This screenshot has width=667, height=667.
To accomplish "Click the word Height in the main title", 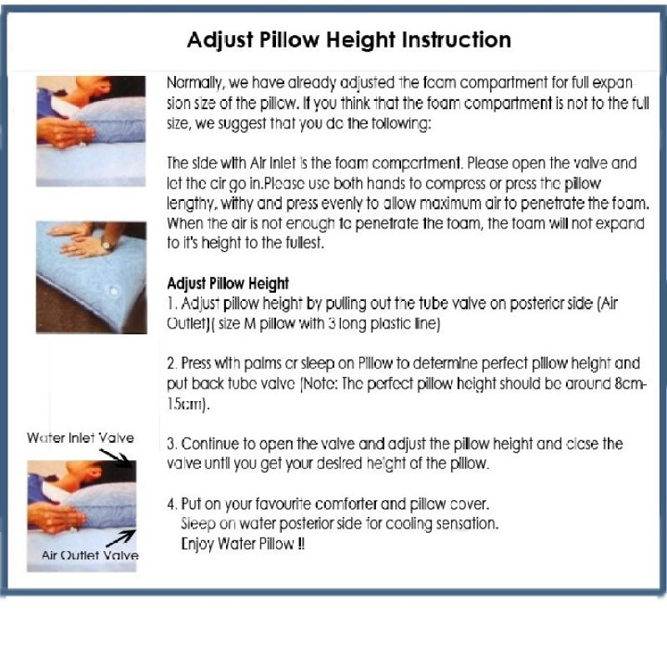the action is (361, 41).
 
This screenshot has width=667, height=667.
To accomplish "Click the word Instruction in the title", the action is (456, 40).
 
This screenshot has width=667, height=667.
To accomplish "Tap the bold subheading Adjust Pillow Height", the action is (228, 283).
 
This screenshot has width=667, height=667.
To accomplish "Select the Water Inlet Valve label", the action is (80, 438).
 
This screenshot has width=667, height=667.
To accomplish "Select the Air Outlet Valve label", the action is (90, 555).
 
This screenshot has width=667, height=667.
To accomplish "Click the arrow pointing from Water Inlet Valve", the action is (116, 458).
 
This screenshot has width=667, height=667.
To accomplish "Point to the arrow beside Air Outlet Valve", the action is (121, 538).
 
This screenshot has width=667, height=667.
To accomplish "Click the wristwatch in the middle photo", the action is (105, 244).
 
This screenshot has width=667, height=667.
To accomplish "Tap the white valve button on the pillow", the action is (113, 291).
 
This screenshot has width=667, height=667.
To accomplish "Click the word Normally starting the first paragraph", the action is (195, 83).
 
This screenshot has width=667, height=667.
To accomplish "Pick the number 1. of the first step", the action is (172, 303).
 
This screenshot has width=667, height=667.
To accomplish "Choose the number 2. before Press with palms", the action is (173, 364).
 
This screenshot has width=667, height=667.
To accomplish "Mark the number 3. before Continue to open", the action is (172, 444).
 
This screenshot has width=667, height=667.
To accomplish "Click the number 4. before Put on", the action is (173, 504).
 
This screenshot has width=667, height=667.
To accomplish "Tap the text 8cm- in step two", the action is (631, 384).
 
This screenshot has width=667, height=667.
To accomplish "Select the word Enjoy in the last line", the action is (198, 544).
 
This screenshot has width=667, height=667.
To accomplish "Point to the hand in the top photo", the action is (64, 133).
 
